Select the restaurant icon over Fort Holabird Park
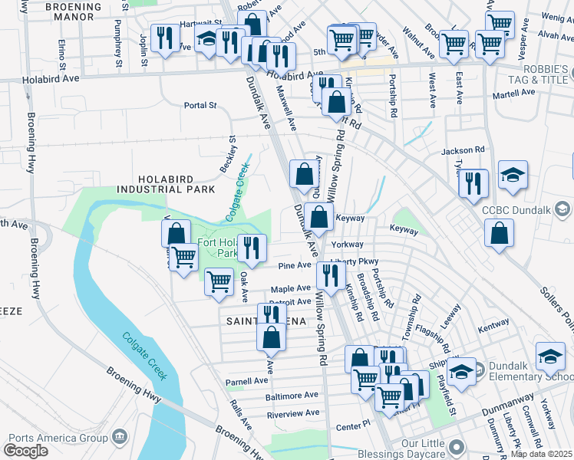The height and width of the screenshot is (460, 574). [x=251, y=248]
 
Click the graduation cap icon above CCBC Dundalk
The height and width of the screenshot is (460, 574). [x=513, y=176]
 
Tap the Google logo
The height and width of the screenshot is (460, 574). [x=26, y=451]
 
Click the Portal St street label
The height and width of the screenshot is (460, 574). [x=200, y=106]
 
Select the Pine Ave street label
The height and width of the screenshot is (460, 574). [x=295, y=265]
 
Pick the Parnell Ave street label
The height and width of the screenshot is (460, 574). [x=246, y=380]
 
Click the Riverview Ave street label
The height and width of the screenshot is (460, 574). [x=292, y=412]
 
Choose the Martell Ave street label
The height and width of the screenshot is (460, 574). [x=513, y=94]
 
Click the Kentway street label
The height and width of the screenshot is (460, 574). [x=493, y=328]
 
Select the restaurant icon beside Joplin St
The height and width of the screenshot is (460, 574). [x=165, y=39]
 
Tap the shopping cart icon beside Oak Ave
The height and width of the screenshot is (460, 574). [x=219, y=282]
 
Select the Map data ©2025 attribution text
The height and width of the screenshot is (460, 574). [x=542, y=454]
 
